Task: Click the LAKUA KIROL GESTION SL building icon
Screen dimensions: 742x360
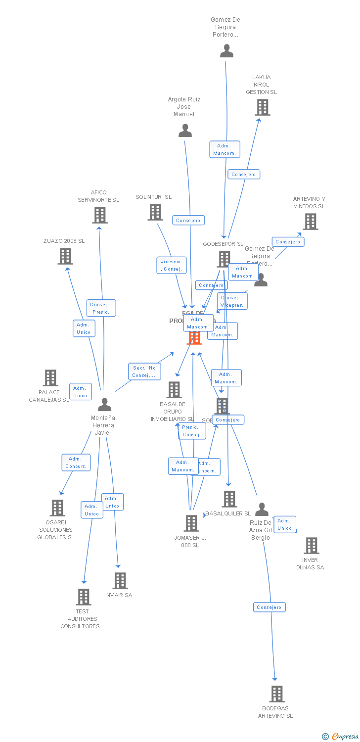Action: tap(262, 107)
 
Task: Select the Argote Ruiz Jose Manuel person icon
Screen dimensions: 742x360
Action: tap(185, 131)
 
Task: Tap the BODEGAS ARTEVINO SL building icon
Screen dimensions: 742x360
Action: tap(277, 694)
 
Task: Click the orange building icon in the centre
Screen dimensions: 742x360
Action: tap(194, 337)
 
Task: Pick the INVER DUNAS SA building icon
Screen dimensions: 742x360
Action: tap(311, 546)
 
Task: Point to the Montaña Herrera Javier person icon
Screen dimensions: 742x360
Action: tap(104, 405)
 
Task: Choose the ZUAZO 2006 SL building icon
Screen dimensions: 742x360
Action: tap(65, 256)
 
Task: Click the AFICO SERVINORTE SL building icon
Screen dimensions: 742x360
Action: tap(100, 215)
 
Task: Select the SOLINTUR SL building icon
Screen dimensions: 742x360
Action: tap(155, 212)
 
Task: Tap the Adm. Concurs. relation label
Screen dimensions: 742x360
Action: tap(76, 463)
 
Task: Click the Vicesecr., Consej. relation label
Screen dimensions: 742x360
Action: tap(172, 265)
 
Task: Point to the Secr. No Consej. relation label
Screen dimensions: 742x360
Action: tap(144, 371)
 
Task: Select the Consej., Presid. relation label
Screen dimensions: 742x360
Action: tap(101, 308)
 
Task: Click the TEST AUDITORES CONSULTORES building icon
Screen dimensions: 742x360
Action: tap(83, 597)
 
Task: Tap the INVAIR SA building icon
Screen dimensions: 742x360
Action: tap(120, 581)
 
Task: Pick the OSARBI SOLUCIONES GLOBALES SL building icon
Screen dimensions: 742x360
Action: tap(57, 508)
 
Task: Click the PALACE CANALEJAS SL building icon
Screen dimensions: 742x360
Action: tap(50, 378)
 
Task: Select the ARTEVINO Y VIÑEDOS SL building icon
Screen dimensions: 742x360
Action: tap(310, 222)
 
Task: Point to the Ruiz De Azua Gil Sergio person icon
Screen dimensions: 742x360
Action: tap(262, 510)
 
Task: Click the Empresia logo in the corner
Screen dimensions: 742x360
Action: tap(341, 737)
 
